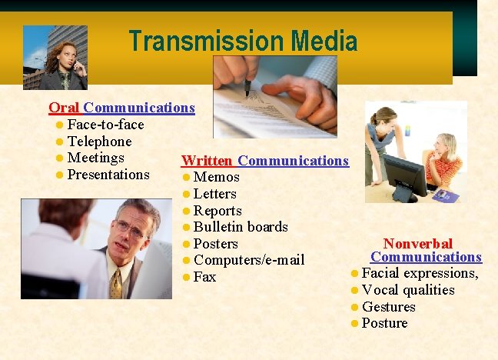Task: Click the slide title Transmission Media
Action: (x=243, y=41)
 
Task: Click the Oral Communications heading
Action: (x=121, y=108)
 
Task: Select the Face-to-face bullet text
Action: (x=105, y=125)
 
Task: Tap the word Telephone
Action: (x=99, y=142)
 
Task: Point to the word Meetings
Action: (x=96, y=158)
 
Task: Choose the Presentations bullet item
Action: (x=108, y=175)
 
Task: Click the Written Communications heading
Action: (x=264, y=161)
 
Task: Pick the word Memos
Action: (x=217, y=178)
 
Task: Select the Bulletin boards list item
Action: (x=241, y=227)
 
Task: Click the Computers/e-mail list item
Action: (x=249, y=260)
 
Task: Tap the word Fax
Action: (x=205, y=277)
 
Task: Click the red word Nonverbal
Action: (x=417, y=243)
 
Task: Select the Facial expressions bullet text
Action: (x=420, y=273)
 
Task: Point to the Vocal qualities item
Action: (x=408, y=290)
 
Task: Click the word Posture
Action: (x=384, y=323)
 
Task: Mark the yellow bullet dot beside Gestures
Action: (x=354, y=307)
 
